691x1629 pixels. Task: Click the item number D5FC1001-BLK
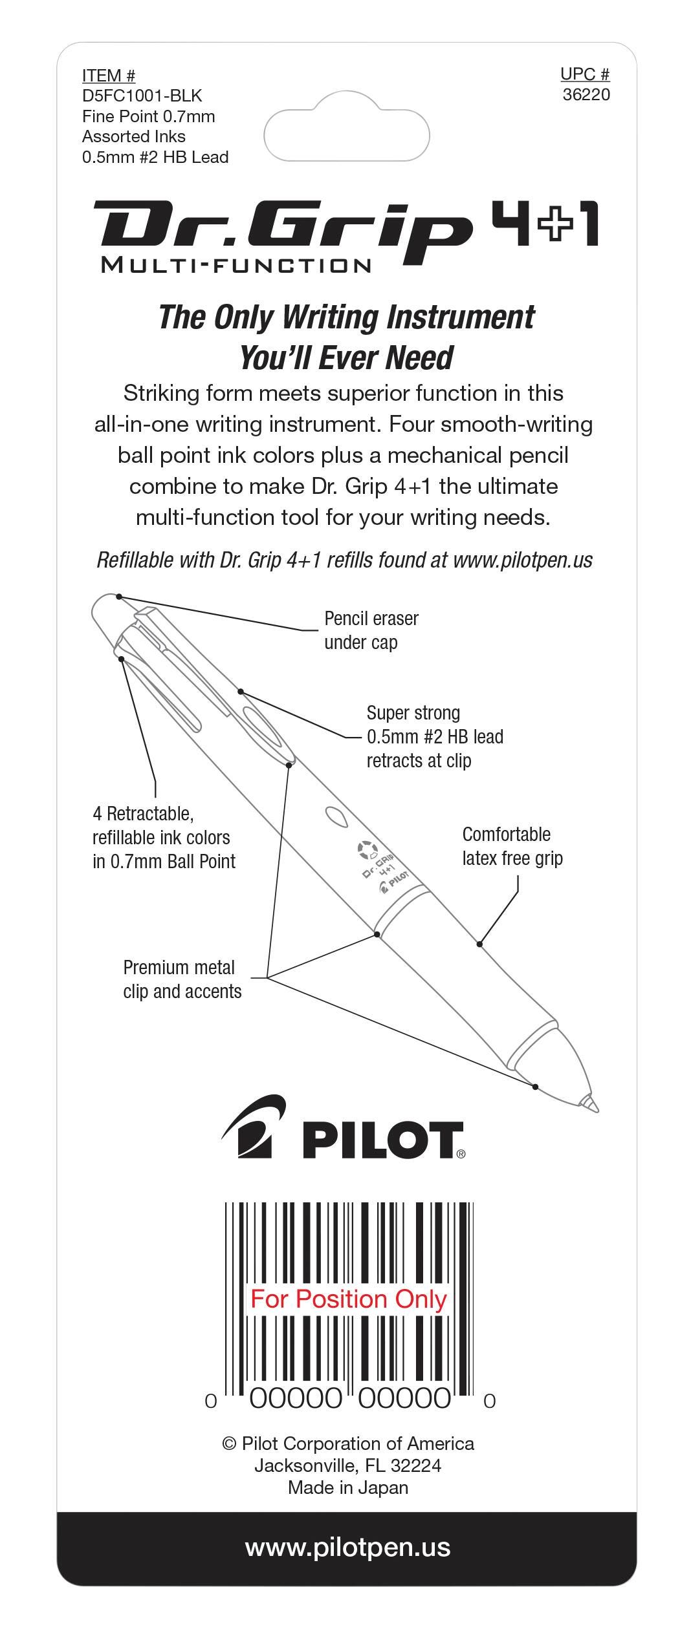coord(142,96)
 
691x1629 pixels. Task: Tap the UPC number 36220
coord(586,95)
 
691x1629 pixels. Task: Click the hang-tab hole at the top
coord(347,134)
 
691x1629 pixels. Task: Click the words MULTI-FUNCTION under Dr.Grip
coord(236,265)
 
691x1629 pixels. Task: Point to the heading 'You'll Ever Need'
coord(346,357)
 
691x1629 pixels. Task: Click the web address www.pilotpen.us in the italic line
coord(523,560)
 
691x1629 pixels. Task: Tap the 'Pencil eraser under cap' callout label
coord(371,630)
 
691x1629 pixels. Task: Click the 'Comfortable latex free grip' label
coord(512,846)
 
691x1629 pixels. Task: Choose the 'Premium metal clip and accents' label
coord(182,979)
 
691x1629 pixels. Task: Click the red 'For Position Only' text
coord(349,1299)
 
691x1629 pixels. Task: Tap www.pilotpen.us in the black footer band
coord(347,1548)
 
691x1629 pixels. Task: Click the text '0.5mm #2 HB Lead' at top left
coord(155,157)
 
